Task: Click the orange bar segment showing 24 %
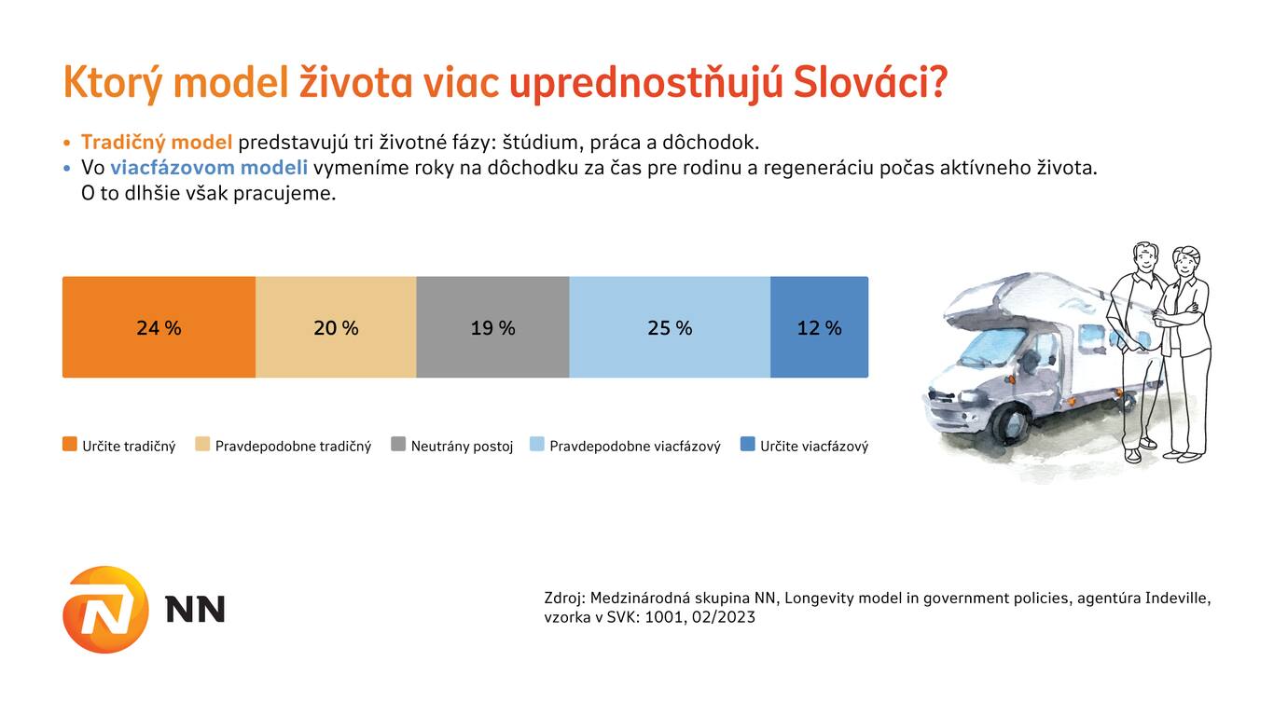(159, 327)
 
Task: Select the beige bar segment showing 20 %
(336, 327)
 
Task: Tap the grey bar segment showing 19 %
(492, 327)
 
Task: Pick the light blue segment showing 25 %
(670, 327)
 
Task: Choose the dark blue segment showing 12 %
(820, 327)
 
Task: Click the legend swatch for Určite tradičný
(69, 444)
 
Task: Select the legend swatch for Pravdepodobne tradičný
(202, 444)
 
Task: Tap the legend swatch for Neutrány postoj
(398, 444)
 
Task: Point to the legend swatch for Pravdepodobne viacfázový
(537, 444)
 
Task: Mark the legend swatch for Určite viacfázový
(747, 444)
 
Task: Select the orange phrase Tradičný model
(157, 143)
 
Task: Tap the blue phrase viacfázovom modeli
(209, 168)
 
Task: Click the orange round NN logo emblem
(105, 609)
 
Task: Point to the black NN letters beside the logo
(195, 609)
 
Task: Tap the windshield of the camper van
(992, 347)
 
